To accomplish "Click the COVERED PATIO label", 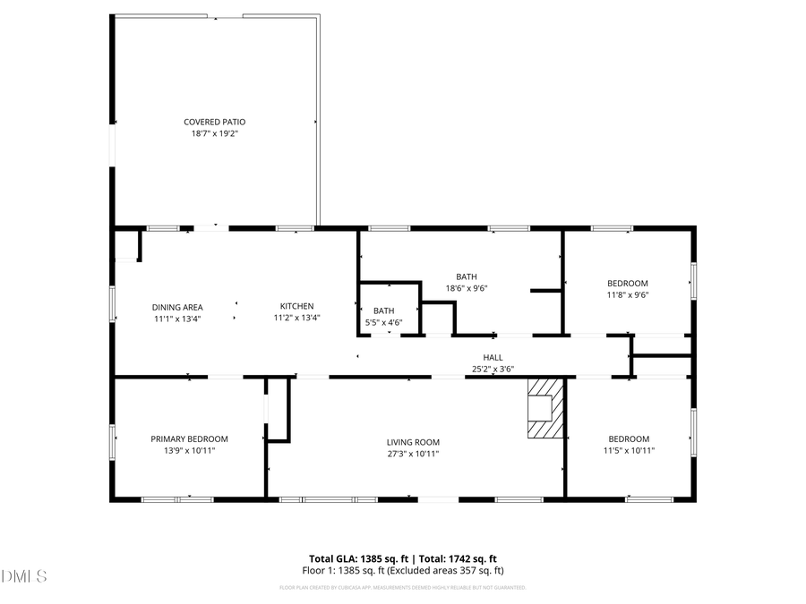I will pyautogui.click(x=214, y=122).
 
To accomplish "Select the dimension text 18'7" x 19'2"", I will pyautogui.click(x=214, y=133).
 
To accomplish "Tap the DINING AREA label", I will pyautogui.click(x=176, y=307).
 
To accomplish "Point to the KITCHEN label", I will pyautogui.click(x=296, y=306).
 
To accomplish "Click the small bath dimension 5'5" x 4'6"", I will pyautogui.click(x=383, y=322).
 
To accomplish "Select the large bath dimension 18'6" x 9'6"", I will pyautogui.click(x=466, y=288).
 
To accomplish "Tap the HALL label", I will pyautogui.click(x=493, y=357).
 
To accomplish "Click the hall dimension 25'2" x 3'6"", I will pyautogui.click(x=493, y=368).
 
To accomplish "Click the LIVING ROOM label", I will pyautogui.click(x=413, y=442).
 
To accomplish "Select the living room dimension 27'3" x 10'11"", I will pyautogui.click(x=413, y=454).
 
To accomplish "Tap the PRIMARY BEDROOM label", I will pyautogui.click(x=189, y=438).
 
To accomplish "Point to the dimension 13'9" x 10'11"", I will pyautogui.click(x=189, y=450).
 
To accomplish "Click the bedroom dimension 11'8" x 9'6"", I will pyautogui.click(x=627, y=294).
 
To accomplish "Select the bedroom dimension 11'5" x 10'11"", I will pyautogui.click(x=629, y=450).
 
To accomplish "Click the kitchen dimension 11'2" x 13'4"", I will pyautogui.click(x=296, y=318).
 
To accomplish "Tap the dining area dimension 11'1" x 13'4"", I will pyautogui.click(x=176, y=319).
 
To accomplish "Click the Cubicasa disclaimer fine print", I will pyautogui.click(x=402, y=588).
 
